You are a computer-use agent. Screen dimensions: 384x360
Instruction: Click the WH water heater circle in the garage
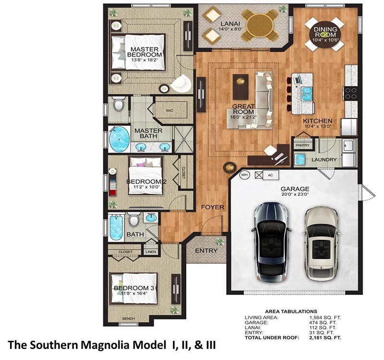244,175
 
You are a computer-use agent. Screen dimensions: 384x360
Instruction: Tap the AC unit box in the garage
271,175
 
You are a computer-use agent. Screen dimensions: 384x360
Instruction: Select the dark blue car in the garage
271,242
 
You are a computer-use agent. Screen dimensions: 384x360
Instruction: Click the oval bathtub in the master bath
119,139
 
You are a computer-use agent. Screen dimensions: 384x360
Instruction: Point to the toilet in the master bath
119,104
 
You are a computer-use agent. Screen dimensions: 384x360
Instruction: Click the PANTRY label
303,145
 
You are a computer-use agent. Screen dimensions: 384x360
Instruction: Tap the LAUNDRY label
324,160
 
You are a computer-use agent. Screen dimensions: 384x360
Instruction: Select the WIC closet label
169,110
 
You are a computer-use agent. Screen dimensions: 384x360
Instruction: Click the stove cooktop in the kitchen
351,94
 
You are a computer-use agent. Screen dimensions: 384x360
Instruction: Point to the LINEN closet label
151,252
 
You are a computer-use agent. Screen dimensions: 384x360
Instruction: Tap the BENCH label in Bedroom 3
129,318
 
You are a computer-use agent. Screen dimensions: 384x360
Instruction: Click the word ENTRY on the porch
206,251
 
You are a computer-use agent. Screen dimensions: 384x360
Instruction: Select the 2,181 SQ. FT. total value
325,338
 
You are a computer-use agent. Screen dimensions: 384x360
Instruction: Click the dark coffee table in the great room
240,87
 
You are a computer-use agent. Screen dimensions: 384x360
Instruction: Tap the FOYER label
213,207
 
